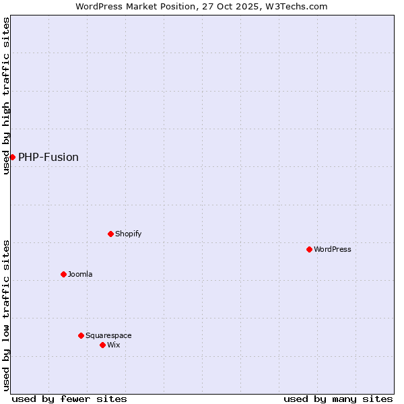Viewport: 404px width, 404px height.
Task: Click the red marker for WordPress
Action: (x=309, y=249)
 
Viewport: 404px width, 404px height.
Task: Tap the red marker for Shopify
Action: (x=110, y=234)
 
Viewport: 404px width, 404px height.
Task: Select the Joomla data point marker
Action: (x=63, y=274)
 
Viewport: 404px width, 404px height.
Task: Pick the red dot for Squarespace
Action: (x=81, y=335)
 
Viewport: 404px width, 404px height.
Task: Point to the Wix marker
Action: (x=102, y=345)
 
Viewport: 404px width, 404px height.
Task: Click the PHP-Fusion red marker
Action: (x=12, y=157)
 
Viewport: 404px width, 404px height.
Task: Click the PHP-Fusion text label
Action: (x=48, y=158)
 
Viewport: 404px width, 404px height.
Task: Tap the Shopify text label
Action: (x=128, y=234)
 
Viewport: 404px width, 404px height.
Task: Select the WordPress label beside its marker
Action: (x=333, y=249)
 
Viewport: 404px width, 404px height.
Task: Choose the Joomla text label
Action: (x=80, y=274)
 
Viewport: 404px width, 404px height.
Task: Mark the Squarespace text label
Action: (x=108, y=335)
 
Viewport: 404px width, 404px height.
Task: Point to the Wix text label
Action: (x=114, y=345)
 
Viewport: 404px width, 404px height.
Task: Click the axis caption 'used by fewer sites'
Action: (x=69, y=399)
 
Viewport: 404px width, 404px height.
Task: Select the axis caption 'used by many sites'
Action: (x=338, y=399)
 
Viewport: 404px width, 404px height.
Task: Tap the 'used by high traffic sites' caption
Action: (x=7, y=96)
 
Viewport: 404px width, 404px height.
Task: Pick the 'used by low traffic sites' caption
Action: (x=7, y=315)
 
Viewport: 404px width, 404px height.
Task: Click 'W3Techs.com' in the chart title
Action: (x=299, y=7)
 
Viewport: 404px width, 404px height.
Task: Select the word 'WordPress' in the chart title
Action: (x=99, y=7)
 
